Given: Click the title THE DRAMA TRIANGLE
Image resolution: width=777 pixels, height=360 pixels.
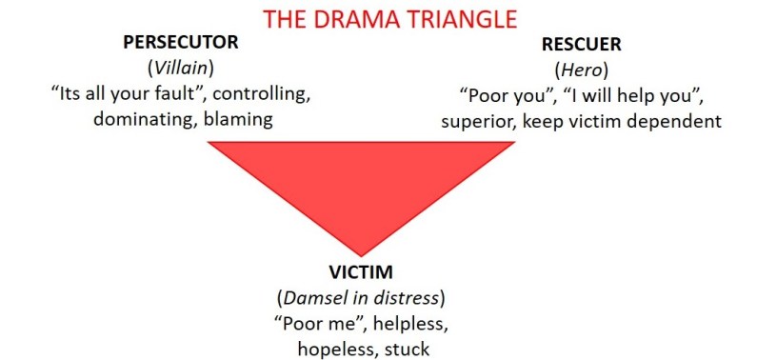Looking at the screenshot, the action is (x=390, y=19).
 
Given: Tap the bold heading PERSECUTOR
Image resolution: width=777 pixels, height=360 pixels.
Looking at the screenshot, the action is (x=181, y=43).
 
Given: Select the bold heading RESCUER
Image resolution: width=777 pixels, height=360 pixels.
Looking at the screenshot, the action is (x=581, y=45).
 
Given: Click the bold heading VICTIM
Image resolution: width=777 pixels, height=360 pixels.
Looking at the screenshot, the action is (x=361, y=272).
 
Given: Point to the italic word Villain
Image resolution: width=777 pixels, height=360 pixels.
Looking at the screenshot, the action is (x=180, y=69).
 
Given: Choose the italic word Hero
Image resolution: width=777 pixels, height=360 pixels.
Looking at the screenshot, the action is (x=581, y=70).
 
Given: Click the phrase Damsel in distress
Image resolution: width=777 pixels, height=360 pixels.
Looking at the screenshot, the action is (x=361, y=298).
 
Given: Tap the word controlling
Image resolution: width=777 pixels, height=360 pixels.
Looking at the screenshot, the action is (x=261, y=94).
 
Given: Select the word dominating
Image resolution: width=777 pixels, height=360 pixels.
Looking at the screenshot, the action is (x=145, y=120).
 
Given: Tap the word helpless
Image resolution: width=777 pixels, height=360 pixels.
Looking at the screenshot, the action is (x=410, y=324).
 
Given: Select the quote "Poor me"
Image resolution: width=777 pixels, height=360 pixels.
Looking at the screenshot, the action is (x=321, y=324).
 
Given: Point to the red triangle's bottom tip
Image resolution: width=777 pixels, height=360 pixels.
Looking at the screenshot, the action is (x=361, y=256).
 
